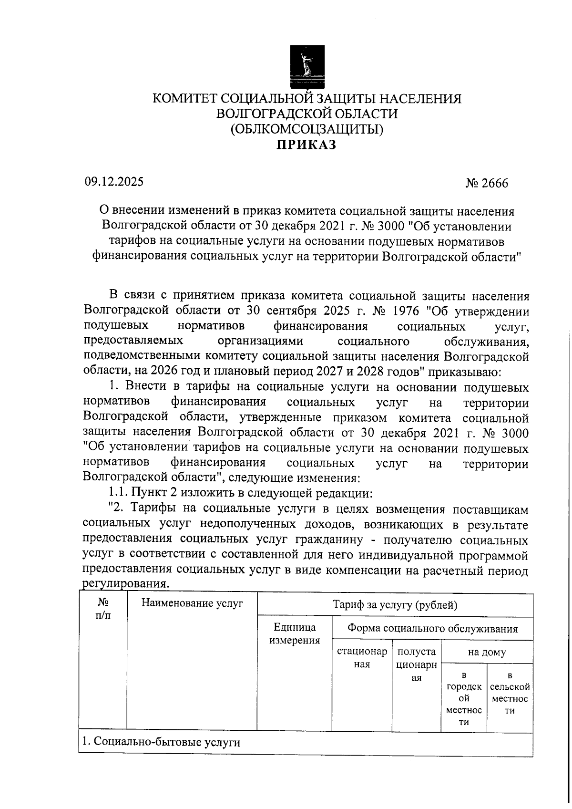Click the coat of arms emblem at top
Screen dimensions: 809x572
point(307,66)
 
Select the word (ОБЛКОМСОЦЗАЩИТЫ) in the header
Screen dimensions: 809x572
point(307,129)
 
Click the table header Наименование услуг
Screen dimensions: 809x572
point(192,603)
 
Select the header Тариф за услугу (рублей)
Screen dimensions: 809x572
point(395,605)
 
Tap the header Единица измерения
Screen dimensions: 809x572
point(294,634)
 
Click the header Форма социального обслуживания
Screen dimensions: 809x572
point(432,628)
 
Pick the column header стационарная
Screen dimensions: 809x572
point(362,658)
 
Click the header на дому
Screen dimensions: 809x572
point(487,652)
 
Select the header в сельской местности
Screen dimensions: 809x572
point(510,693)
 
